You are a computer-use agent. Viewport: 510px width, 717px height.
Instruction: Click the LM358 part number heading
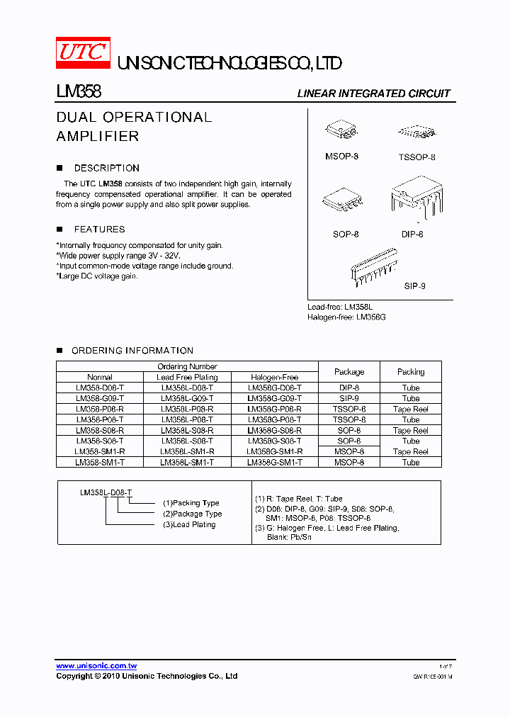[79, 92]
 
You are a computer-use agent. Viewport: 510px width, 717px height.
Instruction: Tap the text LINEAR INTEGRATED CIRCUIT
[373, 94]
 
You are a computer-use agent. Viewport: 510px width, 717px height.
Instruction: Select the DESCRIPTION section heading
[106, 168]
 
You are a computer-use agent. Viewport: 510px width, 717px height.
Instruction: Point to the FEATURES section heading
[99, 229]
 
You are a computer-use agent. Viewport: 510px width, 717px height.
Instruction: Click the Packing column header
[411, 371]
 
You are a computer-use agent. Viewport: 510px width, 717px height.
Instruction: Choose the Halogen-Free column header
[274, 377]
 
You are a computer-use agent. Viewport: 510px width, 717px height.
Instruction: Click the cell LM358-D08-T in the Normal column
[100, 388]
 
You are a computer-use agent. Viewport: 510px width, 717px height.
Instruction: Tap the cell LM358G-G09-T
[274, 398]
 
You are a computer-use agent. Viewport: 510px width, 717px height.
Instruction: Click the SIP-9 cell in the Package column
[348, 398]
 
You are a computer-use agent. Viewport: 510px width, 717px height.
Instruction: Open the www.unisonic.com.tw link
[96, 665]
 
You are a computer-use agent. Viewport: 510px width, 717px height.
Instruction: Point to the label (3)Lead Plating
[189, 524]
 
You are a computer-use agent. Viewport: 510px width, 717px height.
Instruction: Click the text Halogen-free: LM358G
[346, 317]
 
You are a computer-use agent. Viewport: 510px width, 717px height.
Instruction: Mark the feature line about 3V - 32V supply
[118, 255]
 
